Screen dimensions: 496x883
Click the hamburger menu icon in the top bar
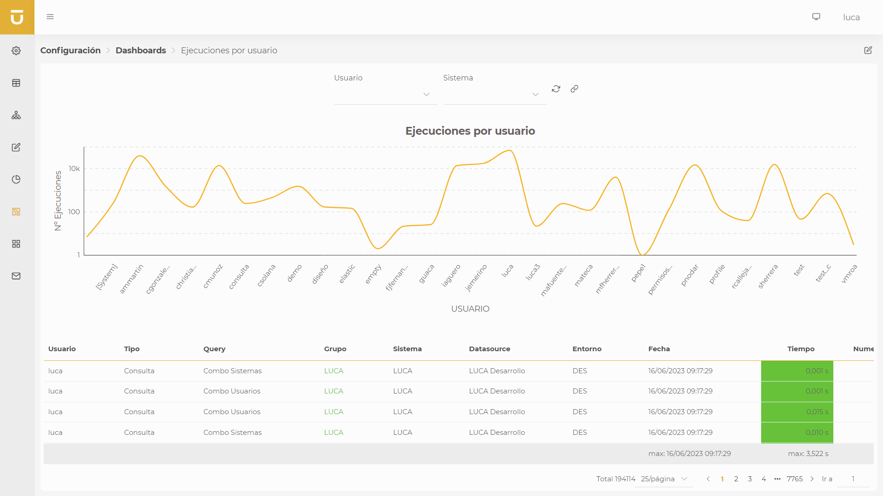pyautogui.click(x=50, y=17)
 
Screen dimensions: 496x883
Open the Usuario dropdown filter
pyautogui.click(x=385, y=94)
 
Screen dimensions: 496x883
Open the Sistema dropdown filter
pyautogui.click(x=494, y=94)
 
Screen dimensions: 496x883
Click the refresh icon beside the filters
pyautogui.click(x=556, y=89)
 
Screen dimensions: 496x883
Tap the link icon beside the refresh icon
pyautogui.click(x=574, y=89)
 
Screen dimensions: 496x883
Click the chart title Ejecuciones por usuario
pyautogui.click(x=470, y=131)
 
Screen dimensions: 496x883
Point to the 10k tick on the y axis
pyautogui.click(x=74, y=169)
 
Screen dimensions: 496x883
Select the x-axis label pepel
pyautogui.click(x=639, y=273)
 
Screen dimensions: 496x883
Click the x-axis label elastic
pyautogui.click(x=347, y=274)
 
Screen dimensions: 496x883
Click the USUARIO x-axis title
pyautogui.click(x=470, y=309)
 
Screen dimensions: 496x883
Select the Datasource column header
pyautogui.click(x=489, y=349)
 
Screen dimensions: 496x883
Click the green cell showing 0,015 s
pyautogui.click(x=797, y=412)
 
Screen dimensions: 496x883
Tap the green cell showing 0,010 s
pyautogui.click(x=797, y=433)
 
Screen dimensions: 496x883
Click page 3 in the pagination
pyautogui.click(x=750, y=479)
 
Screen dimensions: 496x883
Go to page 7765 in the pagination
pyautogui.click(x=794, y=479)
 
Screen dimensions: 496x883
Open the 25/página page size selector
pyautogui.click(x=664, y=479)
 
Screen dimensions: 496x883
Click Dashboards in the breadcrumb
pyautogui.click(x=141, y=51)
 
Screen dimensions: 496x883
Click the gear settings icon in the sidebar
pyautogui.click(x=16, y=51)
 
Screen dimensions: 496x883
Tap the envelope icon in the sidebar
pyautogui.click(x=16, y=276)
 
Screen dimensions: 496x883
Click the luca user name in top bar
pyautogui.click(x=851, y=17)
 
